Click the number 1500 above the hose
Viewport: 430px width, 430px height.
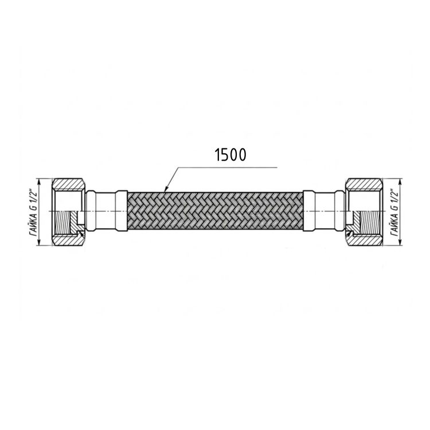coord(232,155)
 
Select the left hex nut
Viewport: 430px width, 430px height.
coord(68,212)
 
